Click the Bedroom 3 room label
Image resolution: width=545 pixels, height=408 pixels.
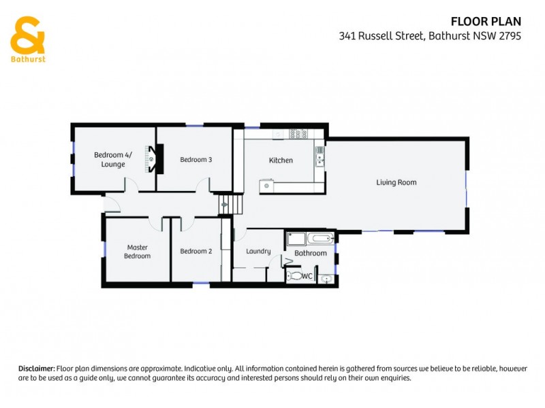196,160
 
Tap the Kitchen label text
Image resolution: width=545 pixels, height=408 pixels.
281,160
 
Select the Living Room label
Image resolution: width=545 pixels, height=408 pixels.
396,182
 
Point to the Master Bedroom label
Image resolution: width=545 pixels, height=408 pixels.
136,252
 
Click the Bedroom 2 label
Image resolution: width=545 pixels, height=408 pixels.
196,251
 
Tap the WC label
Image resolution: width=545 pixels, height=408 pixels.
307,276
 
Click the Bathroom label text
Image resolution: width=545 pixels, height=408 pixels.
311,254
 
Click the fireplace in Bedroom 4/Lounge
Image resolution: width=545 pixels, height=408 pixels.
153,159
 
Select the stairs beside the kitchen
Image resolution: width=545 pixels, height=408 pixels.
229,203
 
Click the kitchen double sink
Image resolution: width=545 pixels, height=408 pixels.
319,157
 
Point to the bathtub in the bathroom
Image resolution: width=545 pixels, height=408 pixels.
320,239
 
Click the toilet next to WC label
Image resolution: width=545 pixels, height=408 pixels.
294,276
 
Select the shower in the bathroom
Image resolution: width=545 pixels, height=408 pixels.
296,239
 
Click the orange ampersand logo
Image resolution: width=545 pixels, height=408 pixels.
27,35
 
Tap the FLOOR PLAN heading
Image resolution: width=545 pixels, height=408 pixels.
486,22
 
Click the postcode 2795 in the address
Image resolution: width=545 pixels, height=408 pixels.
510,37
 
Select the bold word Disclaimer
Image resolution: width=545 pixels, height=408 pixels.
36,368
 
